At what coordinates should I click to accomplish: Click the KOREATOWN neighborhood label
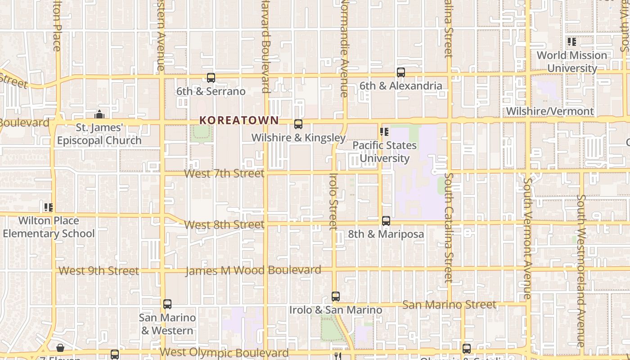(239, 120)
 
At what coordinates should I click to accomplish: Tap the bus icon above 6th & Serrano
(211, 77)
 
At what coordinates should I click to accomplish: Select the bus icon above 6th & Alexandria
(401, 72)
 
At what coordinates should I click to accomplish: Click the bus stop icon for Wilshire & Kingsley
(298, 124)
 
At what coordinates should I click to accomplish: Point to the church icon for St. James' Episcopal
(99, 114)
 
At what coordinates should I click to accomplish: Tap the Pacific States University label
(384, 152)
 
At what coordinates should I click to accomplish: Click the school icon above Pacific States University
(384, 132)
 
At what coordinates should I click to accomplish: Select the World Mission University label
(572, 62)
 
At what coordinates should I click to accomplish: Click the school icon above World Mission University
(572, 42)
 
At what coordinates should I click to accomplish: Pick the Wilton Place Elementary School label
(49, 227)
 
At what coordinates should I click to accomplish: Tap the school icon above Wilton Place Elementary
(49, 207)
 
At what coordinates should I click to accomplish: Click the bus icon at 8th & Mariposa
(386, 221)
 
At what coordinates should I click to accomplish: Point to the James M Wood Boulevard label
(253, 270)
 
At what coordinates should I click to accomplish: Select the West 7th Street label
(224, 173)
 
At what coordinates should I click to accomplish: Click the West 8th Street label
(224, 224)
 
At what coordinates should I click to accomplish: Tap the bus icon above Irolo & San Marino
(336, 297)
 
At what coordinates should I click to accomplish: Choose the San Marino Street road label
(449, 305)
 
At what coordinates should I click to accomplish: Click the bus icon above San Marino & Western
(167, 304)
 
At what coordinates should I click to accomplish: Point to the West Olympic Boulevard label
(224, 352)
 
